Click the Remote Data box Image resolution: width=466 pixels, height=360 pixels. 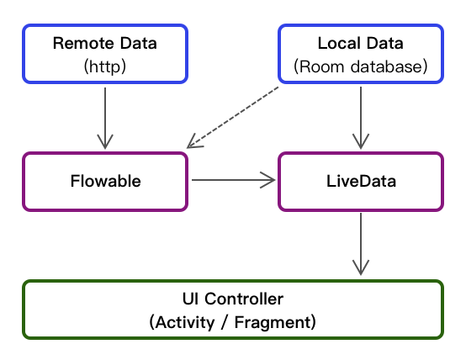[105, 54]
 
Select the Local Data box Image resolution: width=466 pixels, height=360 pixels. [361, 54]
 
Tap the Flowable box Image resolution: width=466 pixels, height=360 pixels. [105, 182]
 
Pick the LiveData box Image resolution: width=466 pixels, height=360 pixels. [361, 182]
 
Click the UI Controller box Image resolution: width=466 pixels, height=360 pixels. [233, 310]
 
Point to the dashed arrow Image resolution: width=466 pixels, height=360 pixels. [233, 117]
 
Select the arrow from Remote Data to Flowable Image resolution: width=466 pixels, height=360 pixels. [105, 118]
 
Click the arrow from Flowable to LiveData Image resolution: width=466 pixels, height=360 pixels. [234, 180]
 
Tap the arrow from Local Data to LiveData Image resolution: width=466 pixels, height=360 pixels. [361, 118]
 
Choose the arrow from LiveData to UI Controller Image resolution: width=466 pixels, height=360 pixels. [361, 244]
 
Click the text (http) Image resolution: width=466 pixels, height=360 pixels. [105, 66]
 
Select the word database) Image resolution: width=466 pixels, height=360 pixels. [389, 66]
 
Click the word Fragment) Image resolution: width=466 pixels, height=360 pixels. [275, 322]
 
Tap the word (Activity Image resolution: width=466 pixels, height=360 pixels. [182, 322]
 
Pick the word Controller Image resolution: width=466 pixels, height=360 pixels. [244, 299]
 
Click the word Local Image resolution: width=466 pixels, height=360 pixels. [339, 44]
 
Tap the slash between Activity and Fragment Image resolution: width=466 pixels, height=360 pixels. [225, 322]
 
